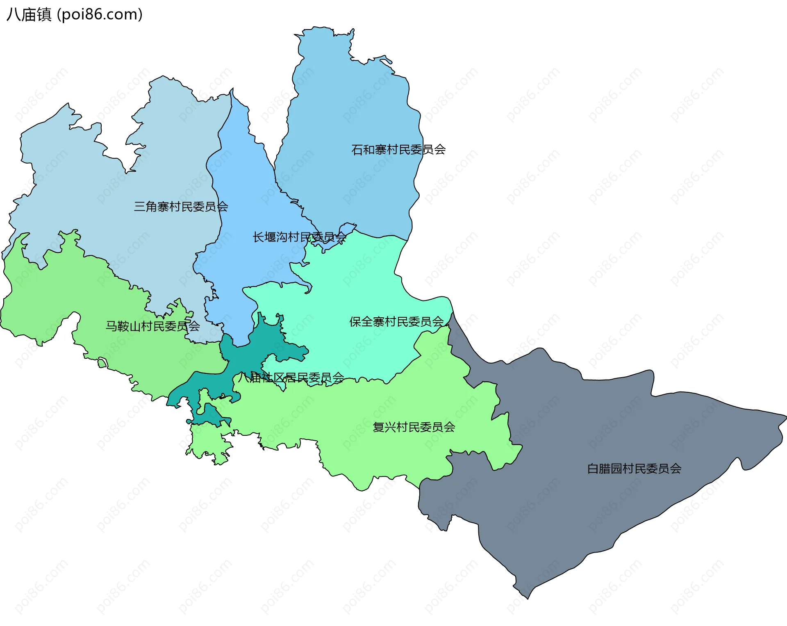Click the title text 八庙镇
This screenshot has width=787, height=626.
click(x=29, y=14)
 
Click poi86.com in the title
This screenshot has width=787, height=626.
click(x=100, y=14)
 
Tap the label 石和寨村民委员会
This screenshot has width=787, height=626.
click(x=398, y=150)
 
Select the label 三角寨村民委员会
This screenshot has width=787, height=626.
click(x=181, y=207)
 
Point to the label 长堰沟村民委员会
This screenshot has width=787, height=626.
click(x=299, y=237)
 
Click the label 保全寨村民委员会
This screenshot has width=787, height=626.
click(x=396, y=322)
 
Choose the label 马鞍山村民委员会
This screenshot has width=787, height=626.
click(x=152, y=326)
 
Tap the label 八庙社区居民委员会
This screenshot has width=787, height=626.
click(x=291, y=378)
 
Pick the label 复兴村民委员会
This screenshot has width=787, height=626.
click(x=414, y=427)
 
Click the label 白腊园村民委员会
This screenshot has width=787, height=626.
click(x=634, y=469)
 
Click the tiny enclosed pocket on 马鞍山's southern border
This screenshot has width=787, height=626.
click(x=102, y=363)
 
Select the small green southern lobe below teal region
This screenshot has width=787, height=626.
click(x=209, y=443)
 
